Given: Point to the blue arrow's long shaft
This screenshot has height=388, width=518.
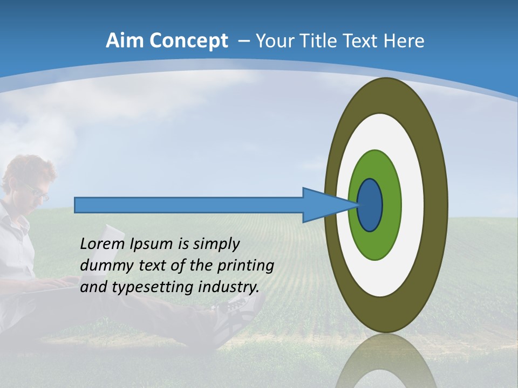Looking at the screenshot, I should (189, 205).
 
